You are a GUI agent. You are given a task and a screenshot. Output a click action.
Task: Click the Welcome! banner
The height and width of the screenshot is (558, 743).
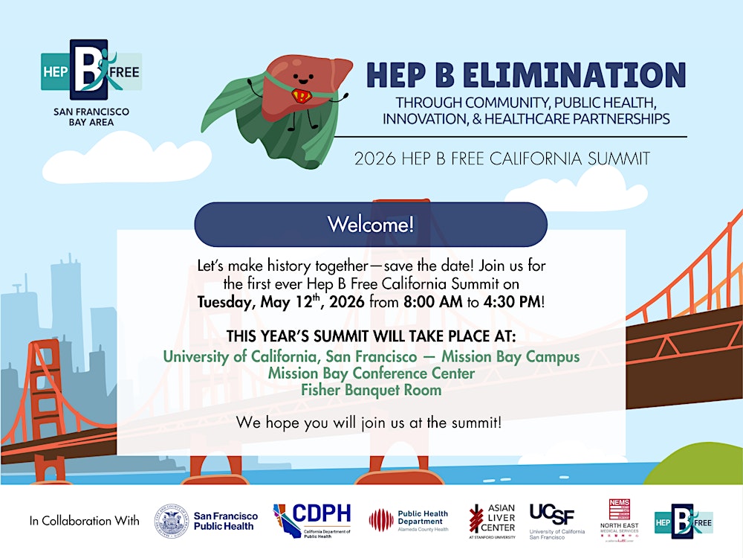pos(371,224)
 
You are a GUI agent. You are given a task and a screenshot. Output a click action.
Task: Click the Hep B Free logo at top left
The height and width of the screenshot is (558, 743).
pos(91,71)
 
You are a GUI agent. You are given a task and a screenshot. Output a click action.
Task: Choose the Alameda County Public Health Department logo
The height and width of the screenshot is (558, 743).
pos(409,520)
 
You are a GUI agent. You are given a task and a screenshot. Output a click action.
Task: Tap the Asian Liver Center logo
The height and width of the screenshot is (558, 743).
pos(492,520)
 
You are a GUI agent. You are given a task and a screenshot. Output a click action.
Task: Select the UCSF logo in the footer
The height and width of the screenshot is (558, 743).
pos(557,519)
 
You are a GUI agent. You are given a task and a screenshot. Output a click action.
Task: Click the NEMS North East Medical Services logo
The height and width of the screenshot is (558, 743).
pos(620,519)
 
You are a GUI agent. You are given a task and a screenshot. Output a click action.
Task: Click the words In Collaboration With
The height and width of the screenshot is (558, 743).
pos(84,521)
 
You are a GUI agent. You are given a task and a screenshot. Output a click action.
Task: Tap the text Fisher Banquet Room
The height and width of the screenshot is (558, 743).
pos(371,390)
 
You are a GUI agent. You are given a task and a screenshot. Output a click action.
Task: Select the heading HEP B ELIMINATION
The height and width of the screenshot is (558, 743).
pos(525,74)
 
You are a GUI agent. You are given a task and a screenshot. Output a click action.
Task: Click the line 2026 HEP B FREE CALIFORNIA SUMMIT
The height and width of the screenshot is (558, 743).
pos(502,158)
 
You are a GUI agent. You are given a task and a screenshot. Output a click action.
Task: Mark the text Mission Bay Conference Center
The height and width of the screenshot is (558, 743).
pos(371,373)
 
